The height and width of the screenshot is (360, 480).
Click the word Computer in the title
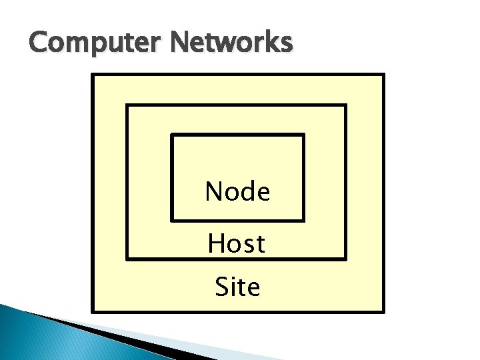click(96, 43)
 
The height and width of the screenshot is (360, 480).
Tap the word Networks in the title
click(231, 43)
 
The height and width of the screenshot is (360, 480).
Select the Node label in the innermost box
click(237, 192)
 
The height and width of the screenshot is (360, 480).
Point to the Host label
click(237, 244)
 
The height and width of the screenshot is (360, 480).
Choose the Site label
click(237, 287)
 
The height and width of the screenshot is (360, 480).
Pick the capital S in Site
click(222, 287)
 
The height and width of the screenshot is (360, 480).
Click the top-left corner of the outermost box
click(93, 75)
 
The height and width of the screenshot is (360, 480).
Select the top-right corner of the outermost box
click(384, 75)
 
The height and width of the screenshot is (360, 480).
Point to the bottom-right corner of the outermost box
click(384, 311)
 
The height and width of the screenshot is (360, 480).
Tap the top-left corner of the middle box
click(127, 105)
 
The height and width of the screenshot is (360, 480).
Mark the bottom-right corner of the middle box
click(345, 258)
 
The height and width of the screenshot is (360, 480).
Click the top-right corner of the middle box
click(345, 105)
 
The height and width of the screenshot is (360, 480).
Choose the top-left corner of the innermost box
click(172, 135)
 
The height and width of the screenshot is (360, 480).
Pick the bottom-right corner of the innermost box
click(303, 219)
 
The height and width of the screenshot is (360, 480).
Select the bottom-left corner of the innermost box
click(172, 219)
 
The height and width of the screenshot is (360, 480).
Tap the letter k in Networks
click(271, 43)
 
